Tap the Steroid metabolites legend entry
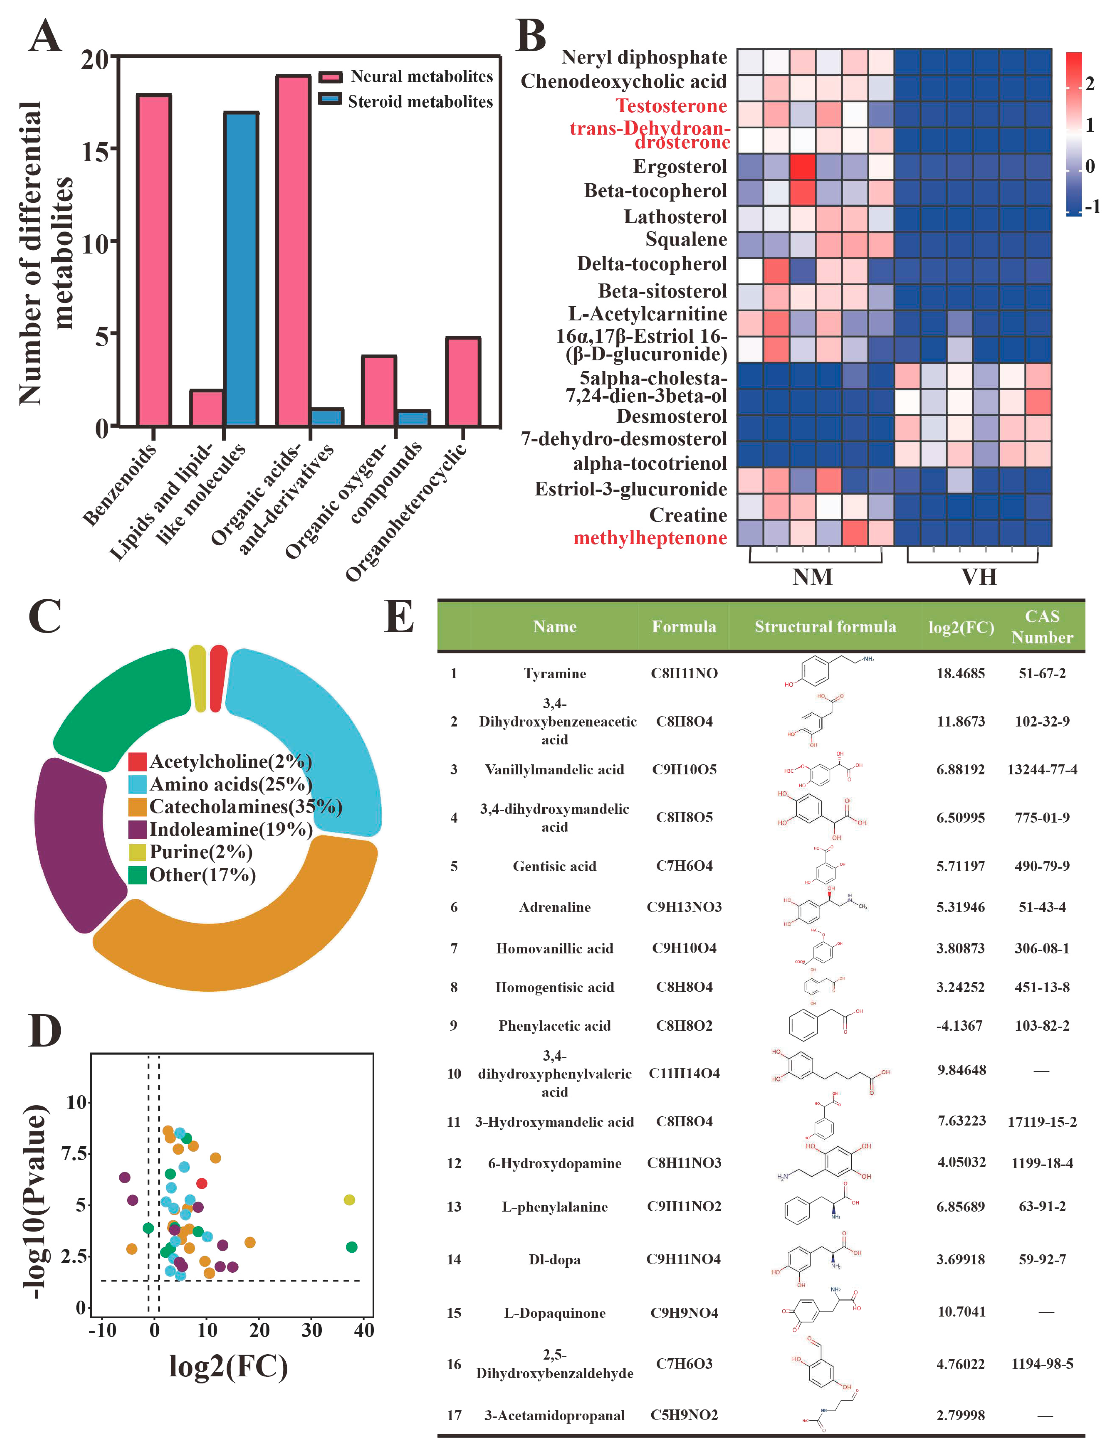[x=420, y=102]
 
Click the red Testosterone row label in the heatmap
[x=671, y=106]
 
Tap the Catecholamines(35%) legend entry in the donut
[x=245, y=806]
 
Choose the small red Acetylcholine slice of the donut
[x=218, y=678]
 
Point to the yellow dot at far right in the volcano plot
[x=350, y=1200]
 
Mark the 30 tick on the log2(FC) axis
[x=312, y=1330]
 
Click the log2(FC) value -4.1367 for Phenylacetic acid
[x=960, y=1025]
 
